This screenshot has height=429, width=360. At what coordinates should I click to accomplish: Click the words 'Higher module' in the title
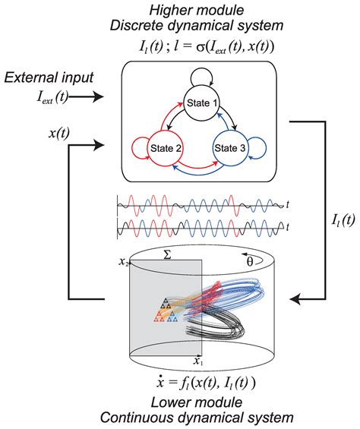point(185,9)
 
